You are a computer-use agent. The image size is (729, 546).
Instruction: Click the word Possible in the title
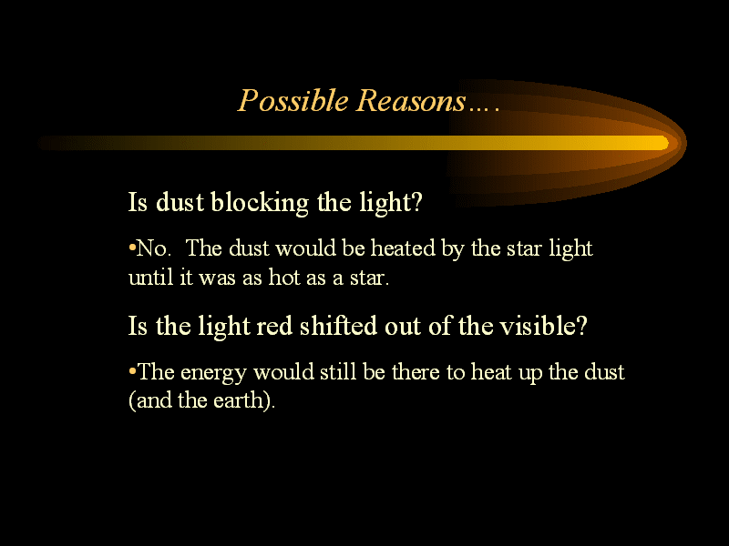(293, 101)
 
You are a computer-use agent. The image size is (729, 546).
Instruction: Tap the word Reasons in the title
(411, 100)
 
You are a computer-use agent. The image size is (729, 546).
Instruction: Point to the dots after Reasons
(484, 109)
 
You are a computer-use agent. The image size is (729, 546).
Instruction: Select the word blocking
(260, 203)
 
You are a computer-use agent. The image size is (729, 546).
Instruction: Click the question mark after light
(417, 201)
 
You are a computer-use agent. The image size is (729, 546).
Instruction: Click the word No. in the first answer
(154, 248)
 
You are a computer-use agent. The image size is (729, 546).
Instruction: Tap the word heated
(403, 248)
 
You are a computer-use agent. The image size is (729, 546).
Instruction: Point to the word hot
(284, 278)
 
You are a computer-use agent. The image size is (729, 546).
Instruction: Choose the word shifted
(338, 326)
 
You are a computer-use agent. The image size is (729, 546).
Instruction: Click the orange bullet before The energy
(132, 370)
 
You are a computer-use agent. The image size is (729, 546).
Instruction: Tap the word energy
(213, 373)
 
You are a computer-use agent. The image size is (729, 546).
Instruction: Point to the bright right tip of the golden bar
(667, 143)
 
